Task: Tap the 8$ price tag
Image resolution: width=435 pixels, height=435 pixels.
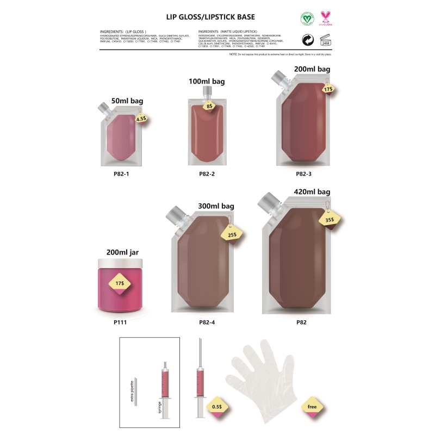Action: pos(209,107)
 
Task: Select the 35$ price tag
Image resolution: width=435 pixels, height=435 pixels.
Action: pos(330,221)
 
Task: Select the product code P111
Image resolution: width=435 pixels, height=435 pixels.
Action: pos(120,322)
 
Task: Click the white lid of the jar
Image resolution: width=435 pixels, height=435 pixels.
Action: pos(120,264)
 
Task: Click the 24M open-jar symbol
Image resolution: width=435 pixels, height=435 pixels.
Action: pos(326,40)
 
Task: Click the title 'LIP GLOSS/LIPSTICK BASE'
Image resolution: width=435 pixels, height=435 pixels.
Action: pos(209,16)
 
